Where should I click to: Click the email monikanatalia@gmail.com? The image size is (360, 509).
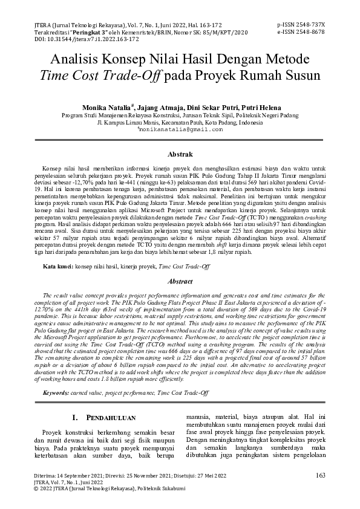pos(180,129)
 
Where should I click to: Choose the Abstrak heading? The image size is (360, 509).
pos(180,155)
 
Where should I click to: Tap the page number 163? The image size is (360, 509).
pos(321,475)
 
